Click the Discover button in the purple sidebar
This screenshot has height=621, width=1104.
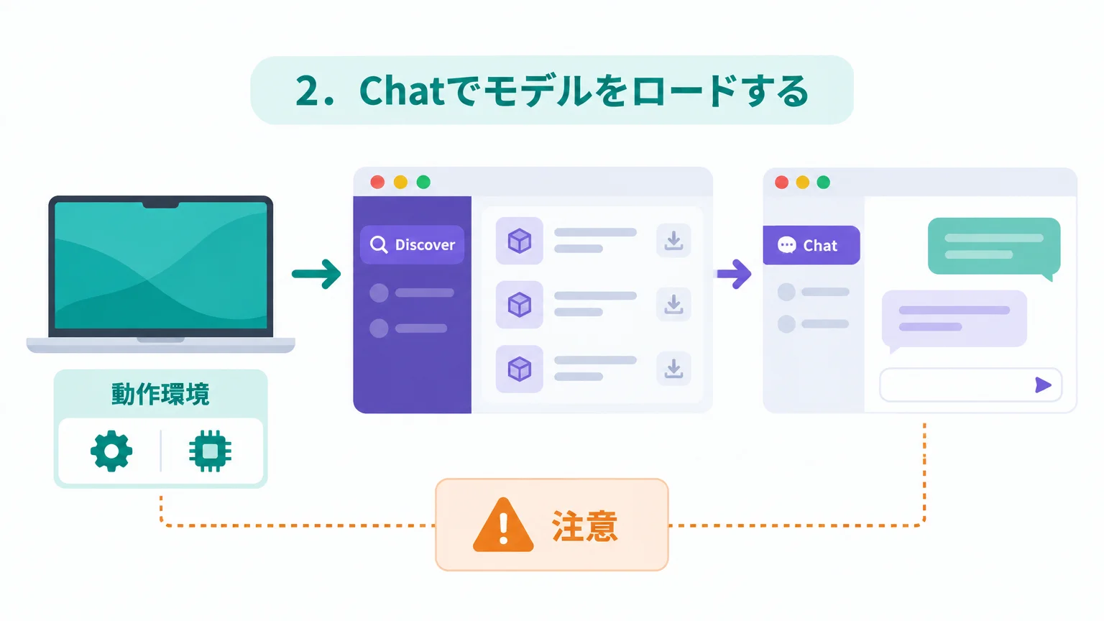coord(412,245)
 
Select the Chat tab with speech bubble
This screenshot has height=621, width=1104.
coord(811,245)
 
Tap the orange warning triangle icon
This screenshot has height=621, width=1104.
coord(502,525)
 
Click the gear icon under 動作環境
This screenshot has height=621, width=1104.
coord(111,451)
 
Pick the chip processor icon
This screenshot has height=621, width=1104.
coord(210,451)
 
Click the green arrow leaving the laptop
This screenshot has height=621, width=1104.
coord(316,274)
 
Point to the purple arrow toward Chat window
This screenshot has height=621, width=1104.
coord(734,274)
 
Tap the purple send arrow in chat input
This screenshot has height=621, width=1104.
coord(1043,385)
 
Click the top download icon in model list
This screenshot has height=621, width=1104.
coord(673,241)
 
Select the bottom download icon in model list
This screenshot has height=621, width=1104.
coord(673,369)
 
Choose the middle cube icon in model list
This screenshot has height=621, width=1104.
coord(520,305)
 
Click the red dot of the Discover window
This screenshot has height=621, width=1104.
coord(377,183)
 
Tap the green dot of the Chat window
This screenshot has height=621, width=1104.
coord(823,183)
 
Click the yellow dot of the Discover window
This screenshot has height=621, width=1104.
coord(400,183)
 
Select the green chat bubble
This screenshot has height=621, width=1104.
coord(993,247)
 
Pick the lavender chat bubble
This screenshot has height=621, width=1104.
coord(954,319)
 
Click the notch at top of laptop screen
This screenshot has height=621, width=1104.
coord(161,204)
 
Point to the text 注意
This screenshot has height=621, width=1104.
coord(584,526)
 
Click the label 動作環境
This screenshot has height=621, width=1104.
coord(161,395)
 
